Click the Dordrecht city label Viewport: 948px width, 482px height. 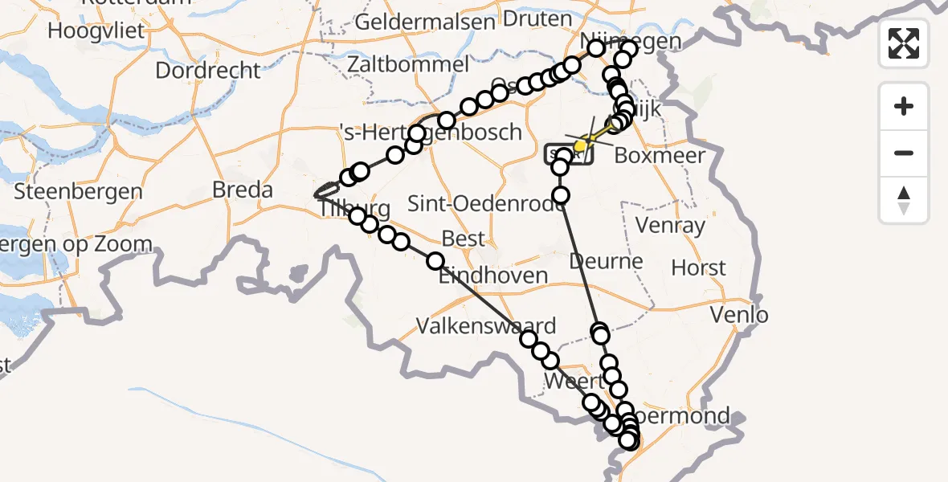point(208,71)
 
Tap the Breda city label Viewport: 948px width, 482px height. point(242,190)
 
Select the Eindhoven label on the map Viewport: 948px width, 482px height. point(492,276)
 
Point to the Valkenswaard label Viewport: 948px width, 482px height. point(486,326)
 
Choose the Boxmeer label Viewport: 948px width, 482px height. point(660,156)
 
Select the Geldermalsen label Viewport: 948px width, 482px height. point(424,22)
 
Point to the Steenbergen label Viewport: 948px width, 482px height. point(78,193)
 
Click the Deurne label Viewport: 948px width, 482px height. point(607,261)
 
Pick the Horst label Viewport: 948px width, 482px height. point(698,268)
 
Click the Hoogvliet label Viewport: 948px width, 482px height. point(96,31)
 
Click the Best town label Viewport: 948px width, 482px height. point(464,239)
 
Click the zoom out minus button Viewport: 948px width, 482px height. point(904,153)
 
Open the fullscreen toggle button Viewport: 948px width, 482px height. point(904,43)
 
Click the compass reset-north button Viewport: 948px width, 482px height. point(904,199)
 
